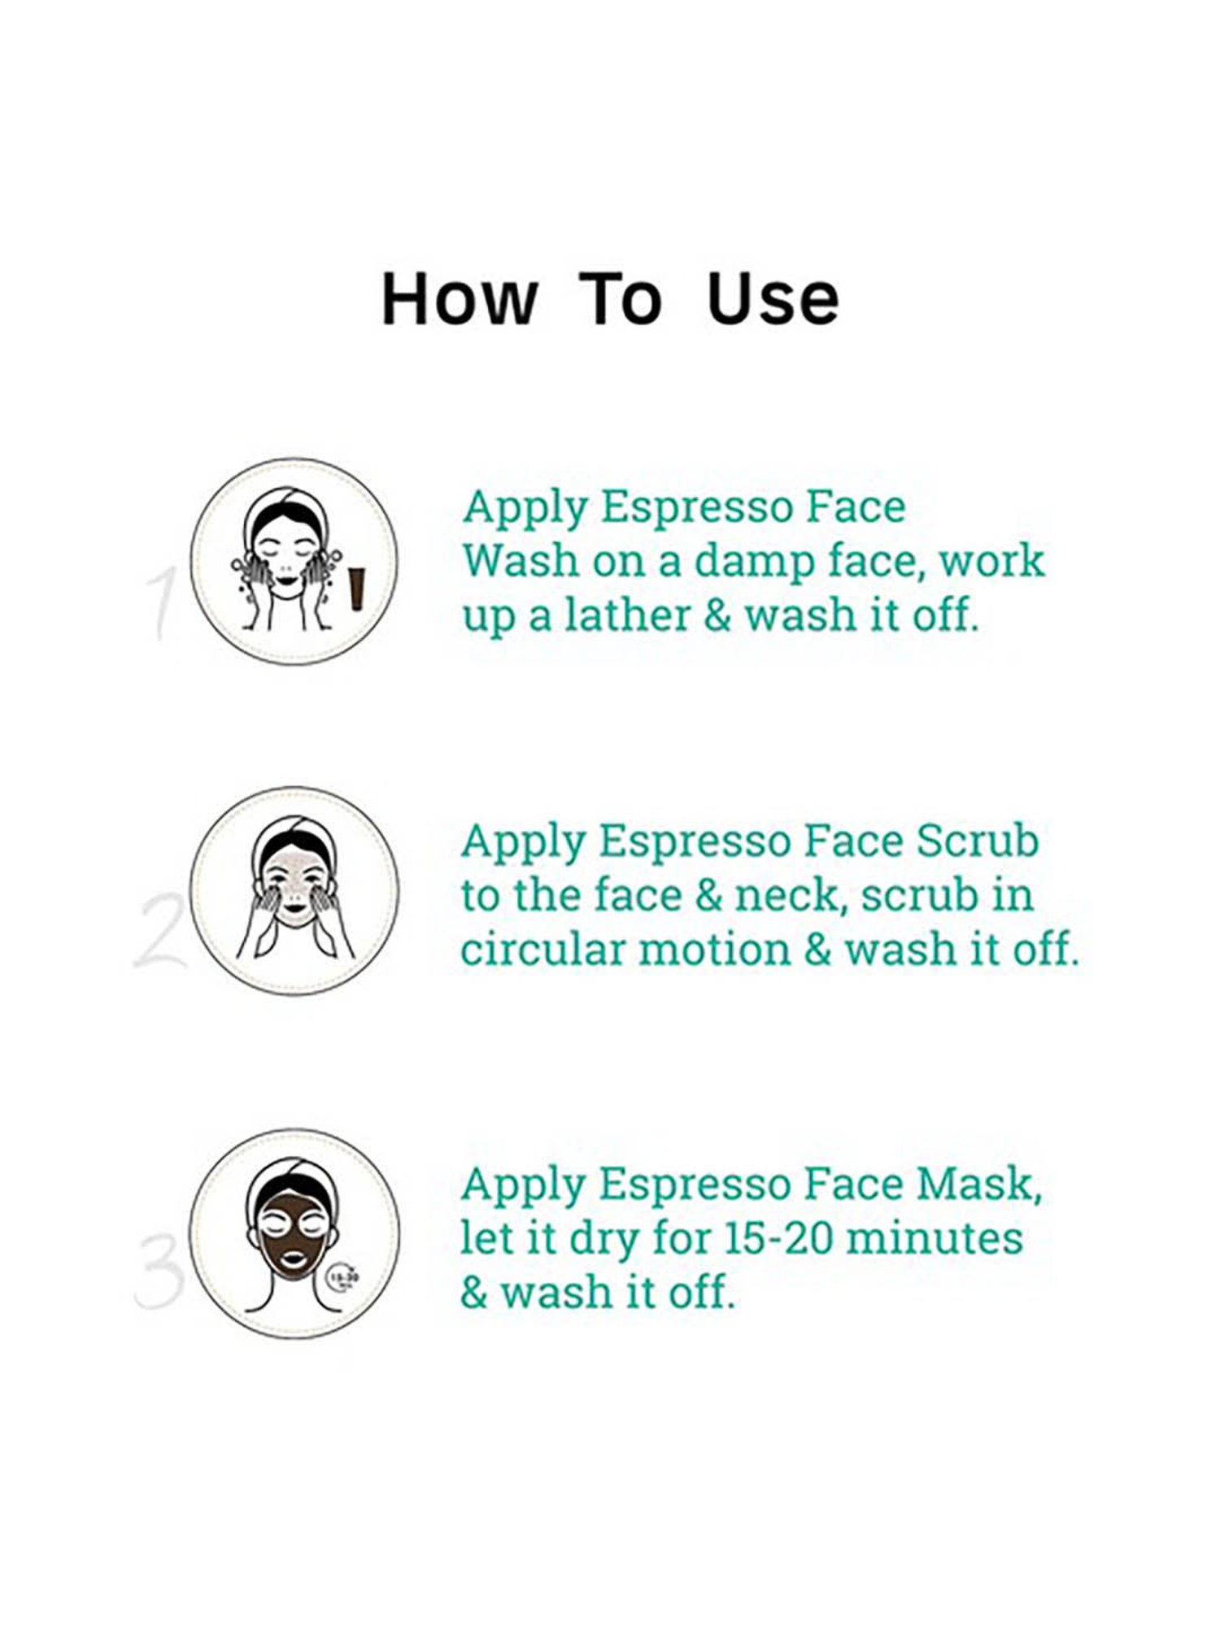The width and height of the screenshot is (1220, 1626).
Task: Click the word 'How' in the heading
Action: pos(460,299)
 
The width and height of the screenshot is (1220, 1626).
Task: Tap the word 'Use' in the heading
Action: pos(773,299)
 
